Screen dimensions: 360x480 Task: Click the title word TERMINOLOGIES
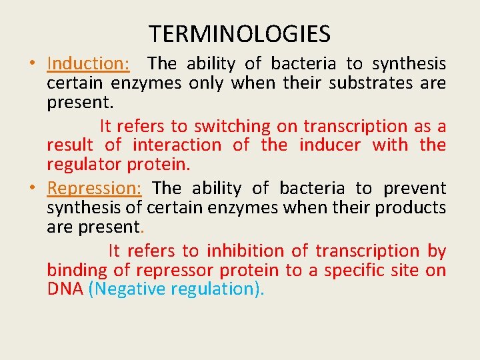[x=239, y=33]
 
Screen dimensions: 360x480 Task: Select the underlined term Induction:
[x=89, y=64]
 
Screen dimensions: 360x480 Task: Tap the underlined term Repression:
[x=94, y=189]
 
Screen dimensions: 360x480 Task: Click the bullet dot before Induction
[x=33, y=64]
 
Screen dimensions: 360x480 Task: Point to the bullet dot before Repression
[x=33, y=189]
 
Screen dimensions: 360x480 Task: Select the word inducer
[x=330, y=145]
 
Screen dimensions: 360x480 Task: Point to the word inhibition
[x=242, y=251]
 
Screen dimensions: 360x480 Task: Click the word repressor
[x=175, y=271]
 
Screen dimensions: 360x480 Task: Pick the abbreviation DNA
[x=65, y=289]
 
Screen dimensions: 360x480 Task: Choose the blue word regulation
[x=218, y=289]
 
